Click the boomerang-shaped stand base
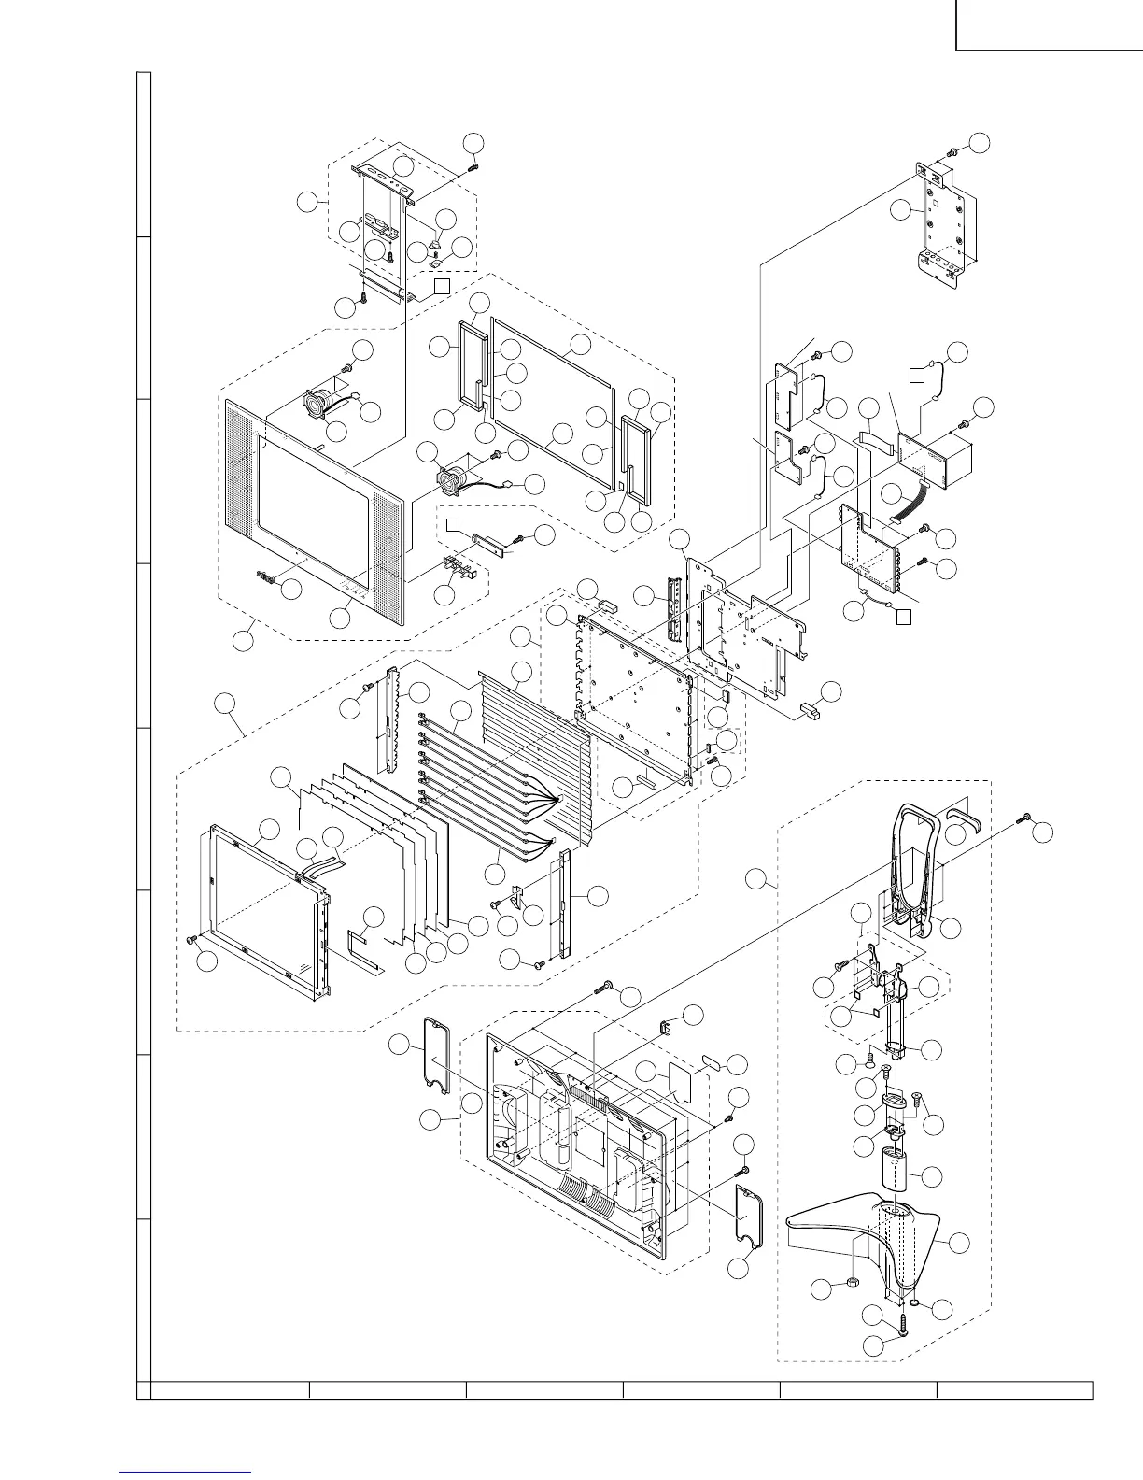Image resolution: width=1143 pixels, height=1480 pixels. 840,1233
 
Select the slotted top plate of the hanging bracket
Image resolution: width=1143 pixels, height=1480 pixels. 384,177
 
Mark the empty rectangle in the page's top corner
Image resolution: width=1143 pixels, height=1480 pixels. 1049,24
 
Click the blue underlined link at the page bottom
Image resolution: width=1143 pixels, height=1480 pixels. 186,1470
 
